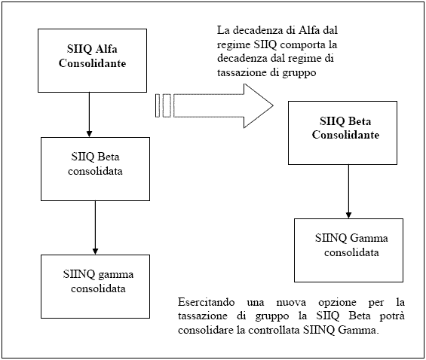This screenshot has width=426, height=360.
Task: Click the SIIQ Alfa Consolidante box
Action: (93, 60)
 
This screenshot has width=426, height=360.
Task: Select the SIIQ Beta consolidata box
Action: (95, 169)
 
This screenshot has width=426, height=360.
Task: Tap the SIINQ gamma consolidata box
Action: (95, 286)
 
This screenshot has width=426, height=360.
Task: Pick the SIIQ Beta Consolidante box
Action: (342, 133)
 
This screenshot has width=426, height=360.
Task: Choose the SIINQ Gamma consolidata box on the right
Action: (348, 250)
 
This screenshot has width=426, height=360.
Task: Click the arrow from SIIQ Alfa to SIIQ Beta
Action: (89, 114)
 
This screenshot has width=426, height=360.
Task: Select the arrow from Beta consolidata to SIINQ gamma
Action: (95, 228)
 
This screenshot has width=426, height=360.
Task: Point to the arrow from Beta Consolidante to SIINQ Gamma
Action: (348, 191)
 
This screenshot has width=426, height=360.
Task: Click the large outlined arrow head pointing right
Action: (258, 105)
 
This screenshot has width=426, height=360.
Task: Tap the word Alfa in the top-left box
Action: (107, 49)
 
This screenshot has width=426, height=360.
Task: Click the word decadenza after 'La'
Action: (259, 30)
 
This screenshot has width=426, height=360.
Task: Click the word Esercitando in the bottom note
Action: (206, 302)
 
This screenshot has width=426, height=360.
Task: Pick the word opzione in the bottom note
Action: (337, 303)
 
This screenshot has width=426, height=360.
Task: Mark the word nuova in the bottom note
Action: (291, 303)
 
